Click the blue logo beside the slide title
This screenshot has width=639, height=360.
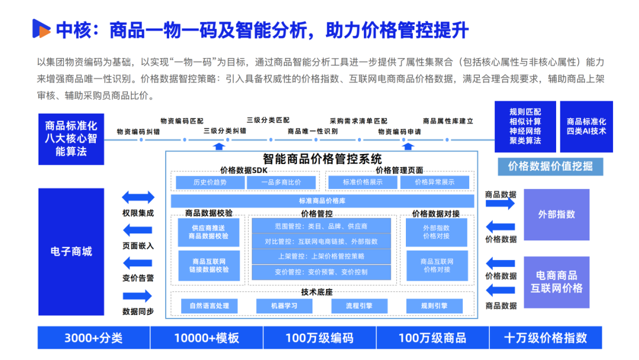coord(41,28)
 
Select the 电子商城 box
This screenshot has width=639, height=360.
coord(71,251)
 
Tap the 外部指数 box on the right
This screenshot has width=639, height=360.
coord(556,214)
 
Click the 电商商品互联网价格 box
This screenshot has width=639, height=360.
coord(556,282)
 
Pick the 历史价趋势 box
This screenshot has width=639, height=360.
coord(209,182)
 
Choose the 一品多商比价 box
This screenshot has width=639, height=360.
coord(281,182)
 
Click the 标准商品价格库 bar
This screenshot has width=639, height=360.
coord(322,201)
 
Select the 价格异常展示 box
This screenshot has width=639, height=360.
coord(434,182)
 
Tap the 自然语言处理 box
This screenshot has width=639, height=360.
coord(209,306)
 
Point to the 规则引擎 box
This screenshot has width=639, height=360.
coord(434,306)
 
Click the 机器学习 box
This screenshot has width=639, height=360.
coord(284,306)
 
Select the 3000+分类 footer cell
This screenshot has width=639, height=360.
coord(93,338)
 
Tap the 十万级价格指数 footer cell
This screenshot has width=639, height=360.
coord(545,338)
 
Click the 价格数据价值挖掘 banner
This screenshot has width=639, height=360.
coord(550,166)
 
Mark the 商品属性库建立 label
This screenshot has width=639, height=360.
coord(448,121)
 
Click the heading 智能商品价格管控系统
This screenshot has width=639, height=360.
coord(322,159)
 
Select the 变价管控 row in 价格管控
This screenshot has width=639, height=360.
coord(321,272)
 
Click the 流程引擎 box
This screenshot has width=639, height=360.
coord(359,306)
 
